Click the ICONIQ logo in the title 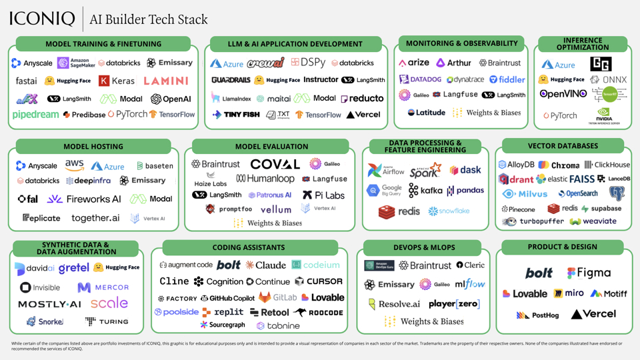pos(42,18)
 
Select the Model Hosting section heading pos(93,147)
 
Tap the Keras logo pos(117,81)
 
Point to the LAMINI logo pos(166,81)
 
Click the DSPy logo pos(308,63)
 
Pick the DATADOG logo pos(420,79)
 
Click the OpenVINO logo pos(563,95)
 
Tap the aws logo pos(74,165)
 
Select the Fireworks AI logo pos(84,199)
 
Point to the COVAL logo pos(275,164)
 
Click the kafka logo pos(425,191)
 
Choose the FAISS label pos(581,179)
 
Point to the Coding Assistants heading pos(249,247)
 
